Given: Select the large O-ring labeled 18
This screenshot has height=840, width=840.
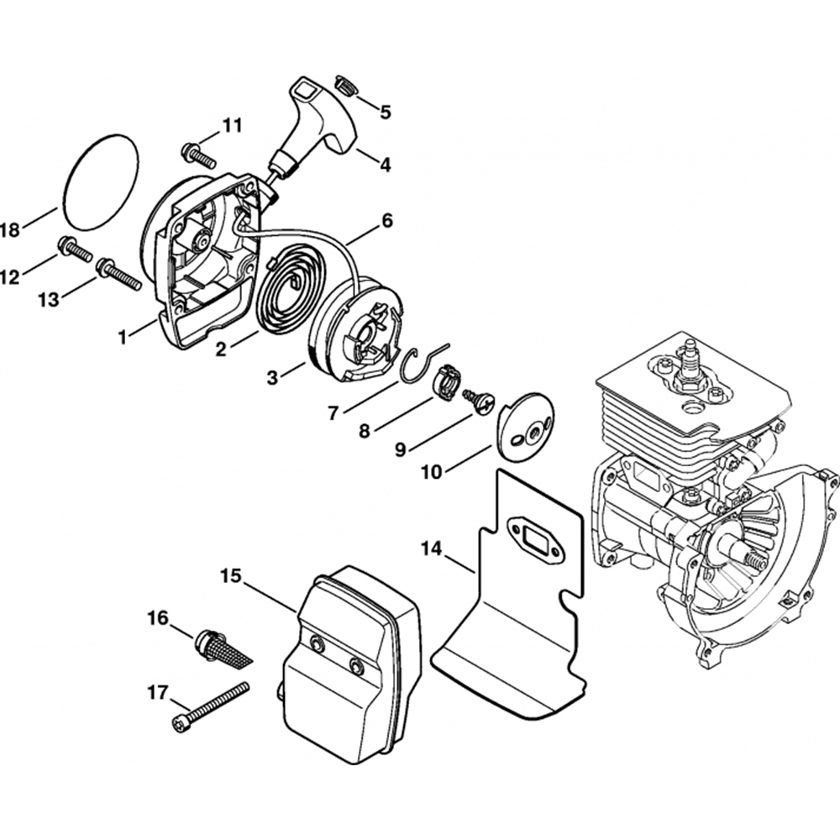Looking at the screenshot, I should pos(101,180).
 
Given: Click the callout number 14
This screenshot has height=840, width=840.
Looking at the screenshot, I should pos(431,549).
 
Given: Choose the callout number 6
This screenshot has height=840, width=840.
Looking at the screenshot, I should pos(387,221).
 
